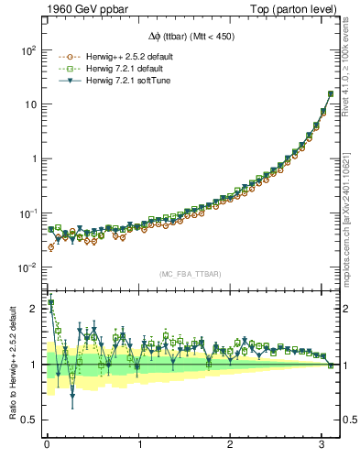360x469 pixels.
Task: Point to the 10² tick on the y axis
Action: click(x=27, y=49)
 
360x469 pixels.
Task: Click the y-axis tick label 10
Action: click(x=30, y=104)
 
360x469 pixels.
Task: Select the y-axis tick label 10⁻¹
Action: click(x=27, y=213)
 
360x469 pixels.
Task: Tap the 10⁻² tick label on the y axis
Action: click(x=27, y=267)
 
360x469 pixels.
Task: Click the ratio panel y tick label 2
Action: click(x=34, y=309)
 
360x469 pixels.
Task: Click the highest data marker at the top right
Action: click(x=331, y=93)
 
